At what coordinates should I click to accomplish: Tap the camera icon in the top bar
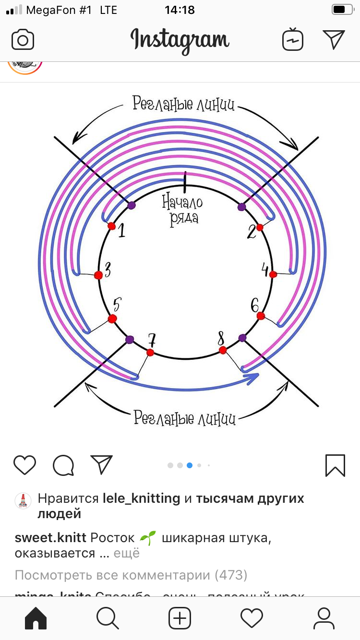coord(23,39)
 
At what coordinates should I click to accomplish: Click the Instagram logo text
coord(180,39)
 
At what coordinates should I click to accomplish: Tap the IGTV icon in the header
coord(293,39)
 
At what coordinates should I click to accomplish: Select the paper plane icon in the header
coord(334,39)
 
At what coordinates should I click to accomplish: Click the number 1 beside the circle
coord(121,231)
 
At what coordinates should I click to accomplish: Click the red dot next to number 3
coord(98,275)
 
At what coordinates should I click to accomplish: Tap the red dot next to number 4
coord(273,274)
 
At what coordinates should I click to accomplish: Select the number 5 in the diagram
coord(117,305)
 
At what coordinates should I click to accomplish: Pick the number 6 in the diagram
coord(255,305)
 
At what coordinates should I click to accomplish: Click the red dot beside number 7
coord(150,353)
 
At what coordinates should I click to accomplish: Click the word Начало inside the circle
coord(182,202)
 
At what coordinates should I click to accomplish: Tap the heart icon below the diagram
coord(24,465)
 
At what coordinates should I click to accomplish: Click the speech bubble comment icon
coord(63,465)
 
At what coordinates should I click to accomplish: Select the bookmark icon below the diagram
coord(335,465)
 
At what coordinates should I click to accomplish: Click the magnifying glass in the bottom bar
coord(108,618)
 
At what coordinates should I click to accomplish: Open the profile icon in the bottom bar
coord(324,618)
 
